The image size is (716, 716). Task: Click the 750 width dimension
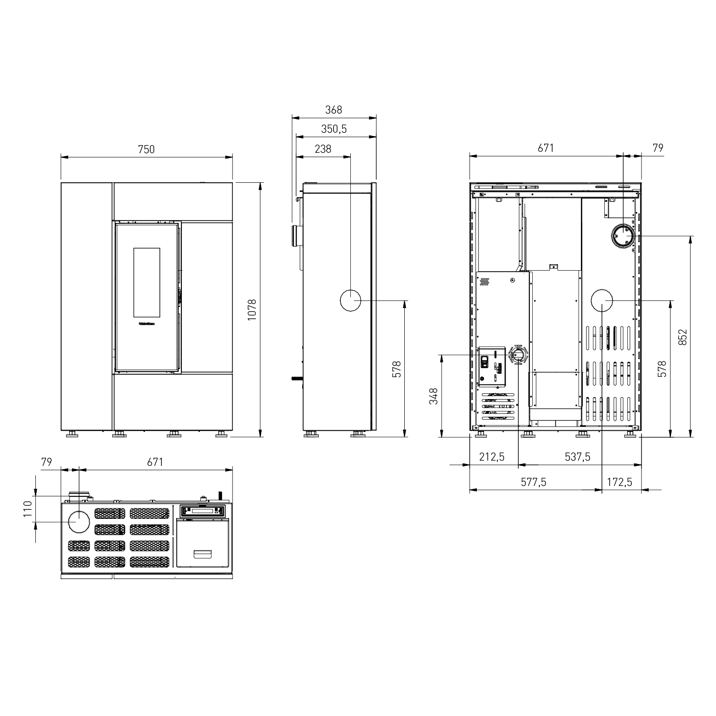point(147,149)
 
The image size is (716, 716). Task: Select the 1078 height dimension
point(253,309)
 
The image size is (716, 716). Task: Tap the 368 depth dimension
point(334,110)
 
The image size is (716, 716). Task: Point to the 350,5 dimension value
point(334,129)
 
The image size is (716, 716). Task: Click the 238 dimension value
point(323,149)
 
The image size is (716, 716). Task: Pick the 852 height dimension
point(683,337)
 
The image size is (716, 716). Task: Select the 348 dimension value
point(433,396)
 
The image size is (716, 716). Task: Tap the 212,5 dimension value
point(492,457)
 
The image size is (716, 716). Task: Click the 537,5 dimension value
point(578,457)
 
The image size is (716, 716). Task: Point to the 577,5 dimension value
point(533,482)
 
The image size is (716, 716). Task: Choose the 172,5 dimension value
point(620,482)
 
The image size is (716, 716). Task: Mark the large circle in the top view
point(79,522)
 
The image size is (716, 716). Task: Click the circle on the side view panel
point(350,301)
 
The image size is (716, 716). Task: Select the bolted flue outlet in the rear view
point(624,236)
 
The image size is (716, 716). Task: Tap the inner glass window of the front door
point(147,282)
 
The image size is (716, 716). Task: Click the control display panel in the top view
point(203,511)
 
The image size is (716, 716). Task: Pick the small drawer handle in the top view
point(203,554)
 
